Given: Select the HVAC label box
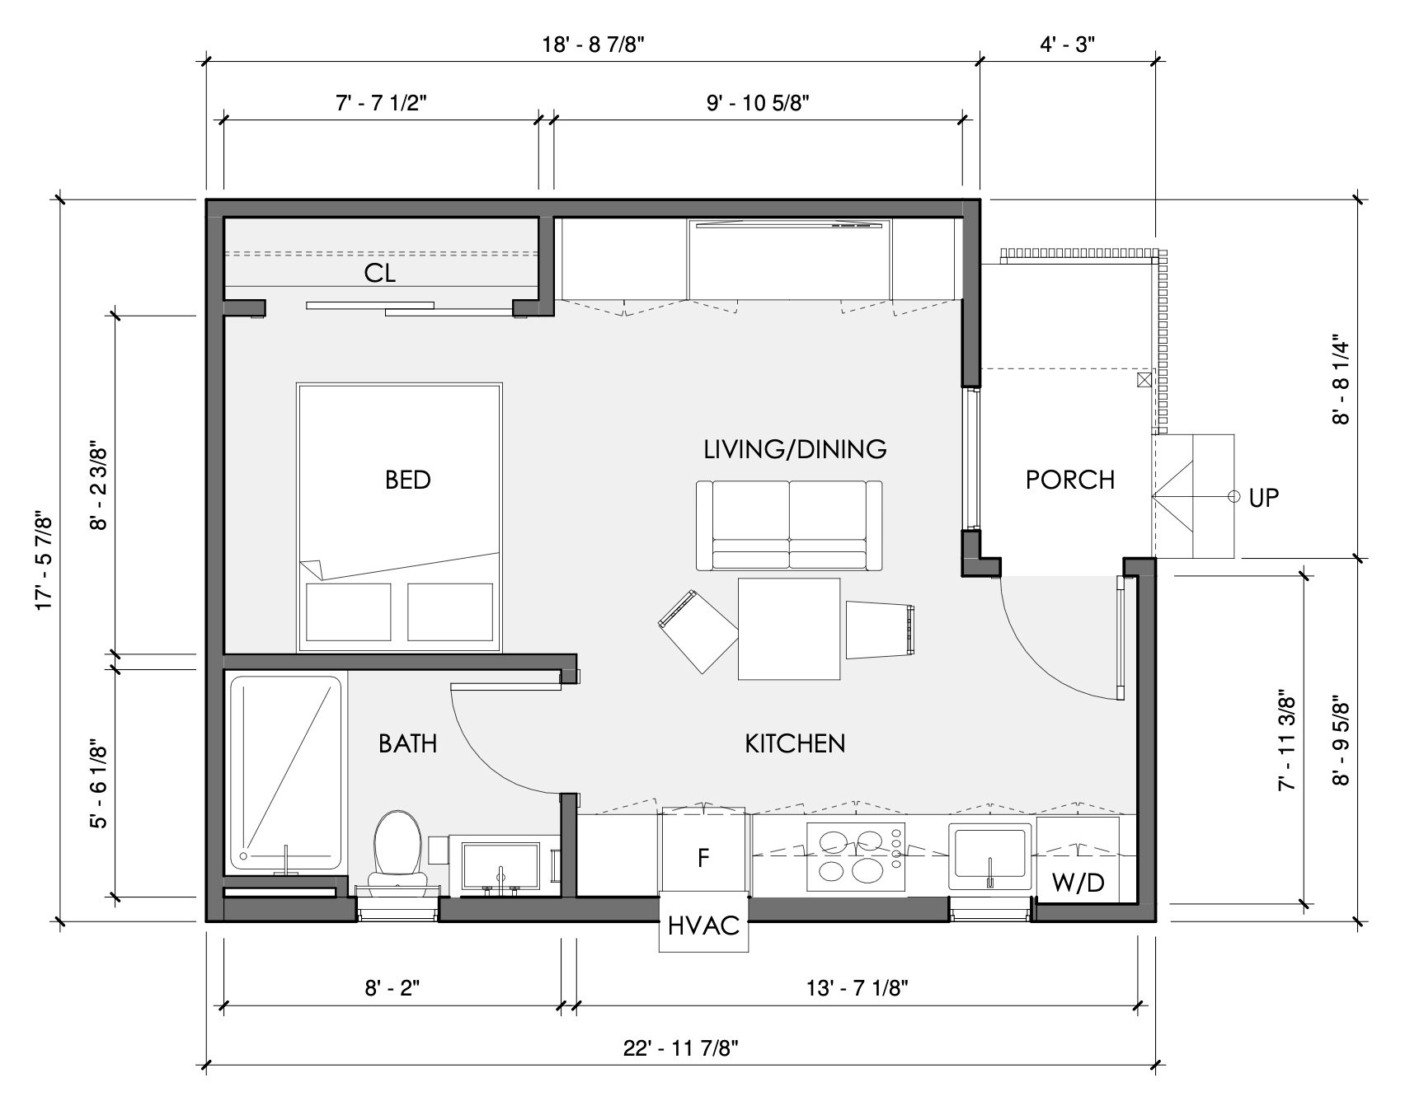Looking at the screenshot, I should [x=703, y=926].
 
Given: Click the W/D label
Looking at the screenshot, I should [x=1078, y=883].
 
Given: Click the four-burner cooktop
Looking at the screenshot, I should [x=854, y=857].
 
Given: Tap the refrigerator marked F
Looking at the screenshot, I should [x=703, y=857].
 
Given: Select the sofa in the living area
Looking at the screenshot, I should [x=789, y=526].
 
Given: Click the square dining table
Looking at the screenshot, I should [x=788, y=628].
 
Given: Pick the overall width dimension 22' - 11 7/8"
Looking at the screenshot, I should [x=680, y=1049].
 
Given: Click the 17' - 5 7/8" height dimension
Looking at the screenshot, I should [x=45, y=563].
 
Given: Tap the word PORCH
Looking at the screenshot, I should [x=1069, y=480].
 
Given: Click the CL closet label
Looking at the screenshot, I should [x=380, y=274].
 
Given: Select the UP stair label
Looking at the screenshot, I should [x=1263, y=497].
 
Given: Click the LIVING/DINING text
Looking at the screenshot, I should [x=795, y=449].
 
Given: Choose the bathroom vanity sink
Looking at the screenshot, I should [x=500, y=866].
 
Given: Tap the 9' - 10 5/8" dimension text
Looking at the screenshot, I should [x=758, y=103].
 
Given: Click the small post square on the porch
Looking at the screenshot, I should [x=1143, y=380].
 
